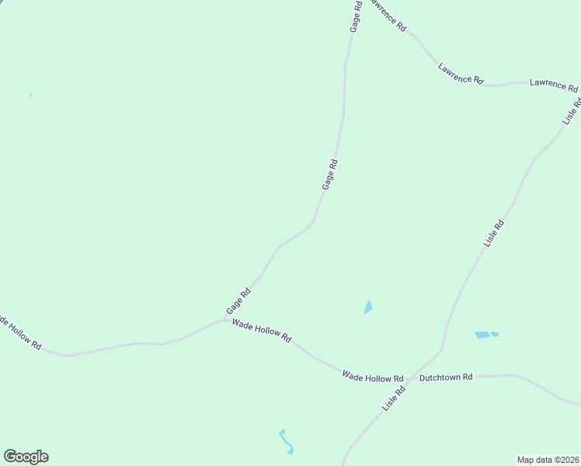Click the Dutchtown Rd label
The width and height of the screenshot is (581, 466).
pyautogui.click(x=446, y=377)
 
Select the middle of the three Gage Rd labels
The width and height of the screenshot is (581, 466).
pyautogui.click(x=330, y=174)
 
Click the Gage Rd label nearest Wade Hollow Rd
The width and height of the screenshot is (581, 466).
pyautogui.click(x=238, y=301)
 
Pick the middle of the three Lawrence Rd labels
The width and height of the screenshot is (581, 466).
pyautogui.click(x=461, y=74)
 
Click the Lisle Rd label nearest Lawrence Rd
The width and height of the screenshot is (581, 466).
pyautogui.click(x=572, y=112)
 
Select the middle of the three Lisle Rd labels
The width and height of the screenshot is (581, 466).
pyautogui.click(x=494, y=234)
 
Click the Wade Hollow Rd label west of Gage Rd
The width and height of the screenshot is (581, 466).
pyautogui.click(x=21, y=332)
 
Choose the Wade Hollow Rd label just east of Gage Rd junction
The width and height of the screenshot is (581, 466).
pyautogui.click(x=262, y=330)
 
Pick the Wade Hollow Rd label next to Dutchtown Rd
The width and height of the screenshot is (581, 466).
pyautogui.click(x=374, y=376)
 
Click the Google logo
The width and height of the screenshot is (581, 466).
pyautogui.click(x=26, y=457)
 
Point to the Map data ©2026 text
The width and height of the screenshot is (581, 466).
pyautogui.click(x=548, y=459)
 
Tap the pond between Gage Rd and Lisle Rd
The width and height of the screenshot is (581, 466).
pyautogui.click(x=368, y=308)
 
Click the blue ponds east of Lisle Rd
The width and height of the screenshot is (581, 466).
pyautogui.click(x=485, y=335)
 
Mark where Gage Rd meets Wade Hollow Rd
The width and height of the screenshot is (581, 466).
pyautogui.click(x=225, y=318)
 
